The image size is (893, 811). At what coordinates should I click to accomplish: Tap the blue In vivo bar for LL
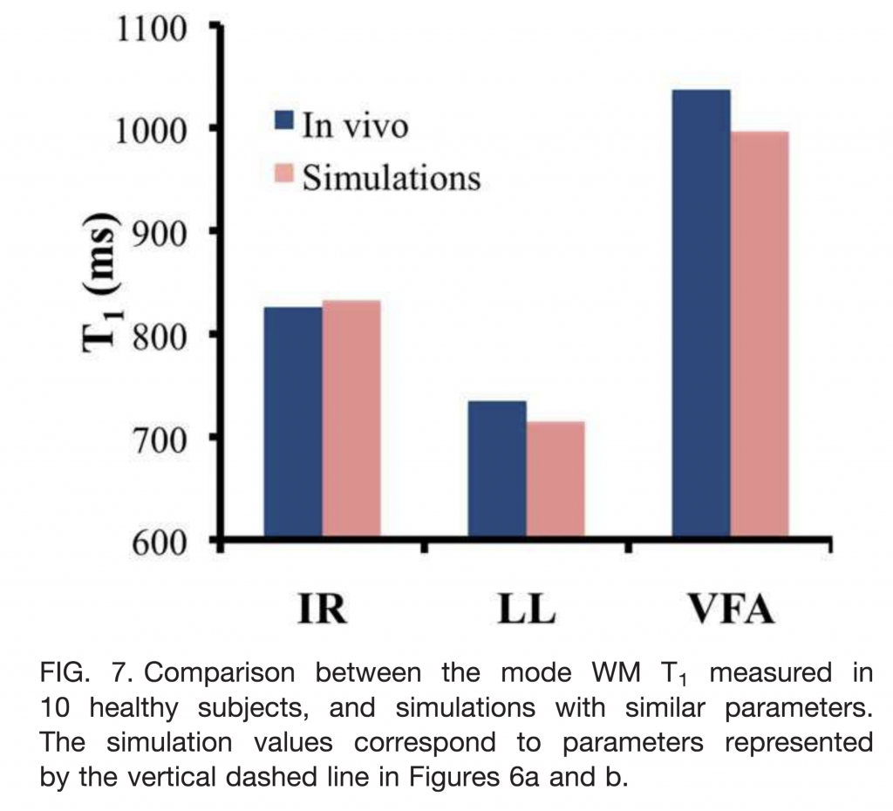(497, 471)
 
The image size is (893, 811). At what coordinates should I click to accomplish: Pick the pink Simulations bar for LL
(556, 480)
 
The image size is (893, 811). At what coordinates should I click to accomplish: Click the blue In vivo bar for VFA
(701, 315)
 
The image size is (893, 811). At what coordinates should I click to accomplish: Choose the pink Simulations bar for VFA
(760, 336)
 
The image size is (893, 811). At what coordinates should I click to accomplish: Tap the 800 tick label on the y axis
(160, 337)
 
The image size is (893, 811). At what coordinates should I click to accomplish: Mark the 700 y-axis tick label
(160, 439)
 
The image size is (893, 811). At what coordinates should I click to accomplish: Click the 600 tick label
(160, 542)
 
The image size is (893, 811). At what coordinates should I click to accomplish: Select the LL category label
(526, 610)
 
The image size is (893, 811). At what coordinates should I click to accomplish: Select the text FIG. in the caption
(69, 674)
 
